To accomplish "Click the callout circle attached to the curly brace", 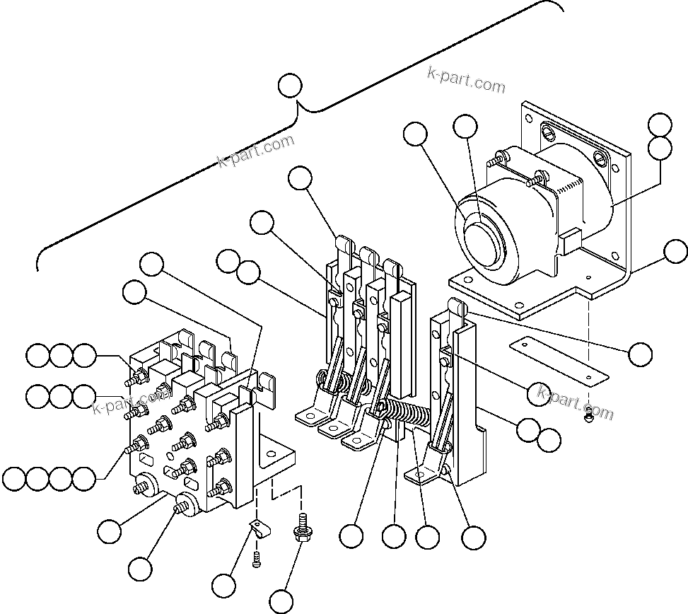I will [x=290, y=86].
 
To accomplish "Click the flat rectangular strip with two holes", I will [x=558, y=359].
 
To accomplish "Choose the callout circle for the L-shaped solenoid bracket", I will [x=676, y=250].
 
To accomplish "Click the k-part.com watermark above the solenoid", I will [x=467, y=79].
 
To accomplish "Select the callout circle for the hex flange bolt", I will [x=281, y=601].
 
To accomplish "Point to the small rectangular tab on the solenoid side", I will [x=571, y=244].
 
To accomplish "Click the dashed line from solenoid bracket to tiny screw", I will [x=588, y=354].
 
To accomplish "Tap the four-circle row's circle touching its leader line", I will [x=86, y=478].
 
